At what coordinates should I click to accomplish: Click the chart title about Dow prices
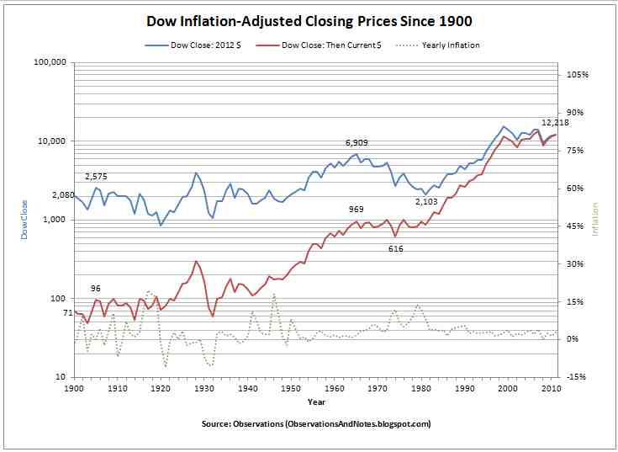coord(309,19)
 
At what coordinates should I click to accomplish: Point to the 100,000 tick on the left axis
coord(50,62)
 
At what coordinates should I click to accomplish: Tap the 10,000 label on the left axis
coord(52,141)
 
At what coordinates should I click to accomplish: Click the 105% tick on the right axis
coord(578,75)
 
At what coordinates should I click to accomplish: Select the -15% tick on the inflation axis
coord(577,377)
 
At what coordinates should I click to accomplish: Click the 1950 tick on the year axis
coord(291,389)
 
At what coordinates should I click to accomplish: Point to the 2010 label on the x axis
coord(551,389)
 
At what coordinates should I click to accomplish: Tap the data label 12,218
coord(555,123)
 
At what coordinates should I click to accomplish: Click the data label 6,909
coord(358,143)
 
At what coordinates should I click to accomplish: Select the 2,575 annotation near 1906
coord(98,176)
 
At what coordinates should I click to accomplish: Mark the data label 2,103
coord(427,202)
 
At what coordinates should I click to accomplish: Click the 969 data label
coord(357,209)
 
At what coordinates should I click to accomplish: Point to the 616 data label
coord(396,248)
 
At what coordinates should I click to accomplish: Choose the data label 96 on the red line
coord(96,289)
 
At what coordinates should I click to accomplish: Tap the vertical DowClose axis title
coord(24,219)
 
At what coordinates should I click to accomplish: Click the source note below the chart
coord(316,423)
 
